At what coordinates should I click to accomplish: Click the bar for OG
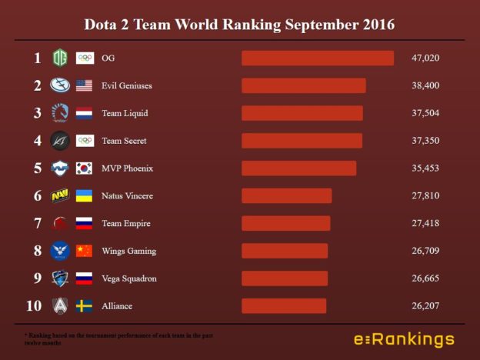318,58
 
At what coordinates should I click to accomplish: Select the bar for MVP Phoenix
298,168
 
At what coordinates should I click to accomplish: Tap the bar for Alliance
284,306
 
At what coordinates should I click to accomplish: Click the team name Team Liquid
125,114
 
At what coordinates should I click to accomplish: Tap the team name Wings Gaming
128,252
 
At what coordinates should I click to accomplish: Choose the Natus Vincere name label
127,196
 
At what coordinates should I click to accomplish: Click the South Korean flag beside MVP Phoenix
85,168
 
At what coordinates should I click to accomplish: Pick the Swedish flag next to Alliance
85,306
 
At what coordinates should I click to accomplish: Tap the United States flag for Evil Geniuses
85,86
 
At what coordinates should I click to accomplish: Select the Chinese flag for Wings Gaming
85,251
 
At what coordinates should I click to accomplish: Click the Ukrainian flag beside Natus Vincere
85,196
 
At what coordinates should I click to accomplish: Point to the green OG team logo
60,58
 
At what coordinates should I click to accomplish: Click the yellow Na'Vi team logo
60,196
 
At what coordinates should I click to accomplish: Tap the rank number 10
34,306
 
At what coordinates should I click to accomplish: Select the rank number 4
37,141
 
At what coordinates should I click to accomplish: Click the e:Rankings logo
404,339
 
